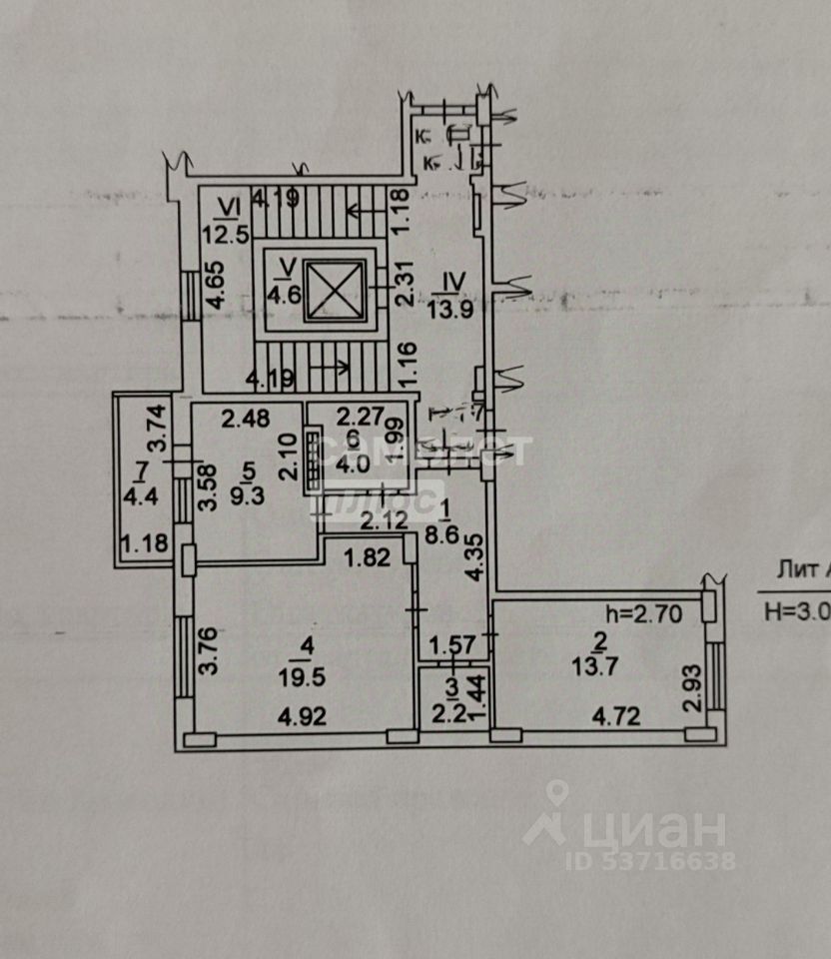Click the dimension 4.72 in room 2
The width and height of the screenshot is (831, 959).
[x=616, y=715]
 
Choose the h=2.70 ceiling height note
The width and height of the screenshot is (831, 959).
[x=643, y=615]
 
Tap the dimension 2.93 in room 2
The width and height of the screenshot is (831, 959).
[x=694, y=686]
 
